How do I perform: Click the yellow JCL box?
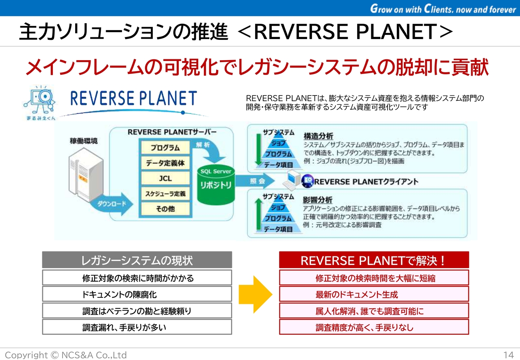tap(165, 178)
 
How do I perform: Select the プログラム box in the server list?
tap(165, 147)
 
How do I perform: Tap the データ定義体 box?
tap(165, 163)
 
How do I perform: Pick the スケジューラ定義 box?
tap(165, 194)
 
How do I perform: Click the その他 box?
tap(165, 209)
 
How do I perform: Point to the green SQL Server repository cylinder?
tap(216, 185)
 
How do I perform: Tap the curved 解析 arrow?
tap(210, 150)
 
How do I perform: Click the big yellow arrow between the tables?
tap(255, 295)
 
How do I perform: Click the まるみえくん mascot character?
tap(39, 102)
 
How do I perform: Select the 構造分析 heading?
tap(318, 136)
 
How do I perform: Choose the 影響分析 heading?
tap(318, 200)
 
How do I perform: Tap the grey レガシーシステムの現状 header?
tap(137, 260)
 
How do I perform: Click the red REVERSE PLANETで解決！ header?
tap(374, 260)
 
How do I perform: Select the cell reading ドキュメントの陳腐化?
tap(137, 294)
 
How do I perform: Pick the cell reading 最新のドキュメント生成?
tap(374, 295)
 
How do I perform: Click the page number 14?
tap(509, 355)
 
